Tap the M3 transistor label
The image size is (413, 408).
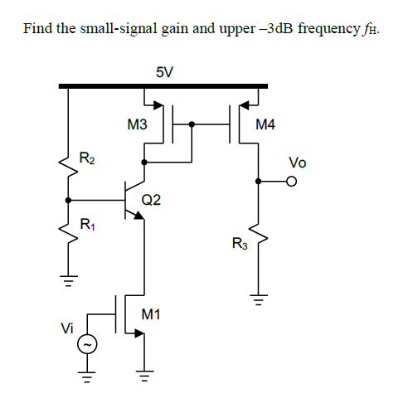click(138, 125)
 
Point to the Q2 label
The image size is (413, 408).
click(151, 200)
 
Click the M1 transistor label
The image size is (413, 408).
click(151, 314)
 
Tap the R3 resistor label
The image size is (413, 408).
click(239, 244)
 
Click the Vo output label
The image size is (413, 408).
click(298, 163)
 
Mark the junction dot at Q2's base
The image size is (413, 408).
click(68, 200)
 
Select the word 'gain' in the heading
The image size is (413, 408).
click(170, 29)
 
